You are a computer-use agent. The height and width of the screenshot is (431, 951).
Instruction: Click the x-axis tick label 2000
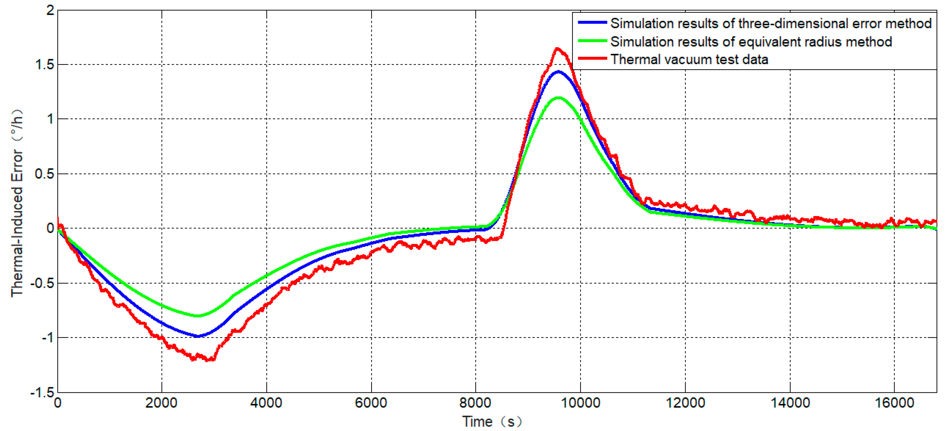point(161,403)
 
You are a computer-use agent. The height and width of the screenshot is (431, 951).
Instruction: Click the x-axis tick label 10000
point(580,403)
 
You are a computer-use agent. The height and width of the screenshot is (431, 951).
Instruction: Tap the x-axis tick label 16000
point(894,403)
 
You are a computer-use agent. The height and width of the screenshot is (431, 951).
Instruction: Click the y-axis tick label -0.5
point(42,284)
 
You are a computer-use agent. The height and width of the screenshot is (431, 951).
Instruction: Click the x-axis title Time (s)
point(492,421)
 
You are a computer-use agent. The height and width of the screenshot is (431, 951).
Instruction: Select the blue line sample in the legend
point(592,23)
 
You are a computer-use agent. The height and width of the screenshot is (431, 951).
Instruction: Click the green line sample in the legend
point(592,41)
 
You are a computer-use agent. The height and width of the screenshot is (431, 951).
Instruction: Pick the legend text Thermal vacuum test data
point(689,59)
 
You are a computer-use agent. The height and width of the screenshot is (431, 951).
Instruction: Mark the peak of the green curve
point(558,98)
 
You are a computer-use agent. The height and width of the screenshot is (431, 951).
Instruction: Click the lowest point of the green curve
point(198,316)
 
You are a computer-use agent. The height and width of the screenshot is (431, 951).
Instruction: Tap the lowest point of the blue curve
point(198,336)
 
